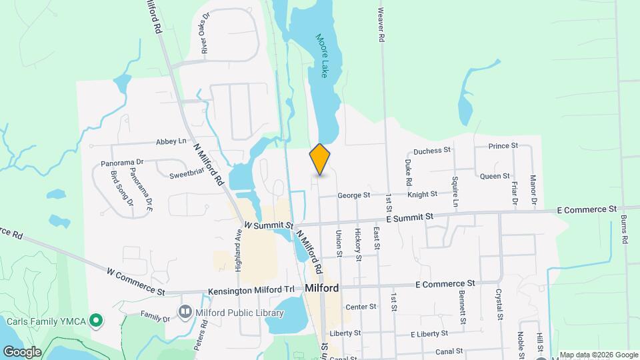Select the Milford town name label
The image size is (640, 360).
321,288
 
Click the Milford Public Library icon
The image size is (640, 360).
185,311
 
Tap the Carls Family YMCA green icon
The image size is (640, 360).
96,321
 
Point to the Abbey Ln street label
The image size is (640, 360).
171,141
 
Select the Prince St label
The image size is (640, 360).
503,145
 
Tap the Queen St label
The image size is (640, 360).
495,176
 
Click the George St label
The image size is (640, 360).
353,195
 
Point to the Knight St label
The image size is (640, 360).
422,194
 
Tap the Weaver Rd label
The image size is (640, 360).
382,25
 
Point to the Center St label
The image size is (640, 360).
361,307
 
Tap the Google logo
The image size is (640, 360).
21,351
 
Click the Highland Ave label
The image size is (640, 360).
238,244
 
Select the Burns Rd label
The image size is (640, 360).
625,228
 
